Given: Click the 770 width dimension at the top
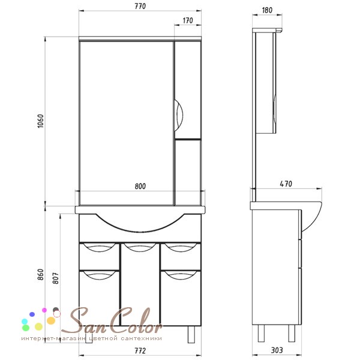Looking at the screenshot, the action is click(140, 6).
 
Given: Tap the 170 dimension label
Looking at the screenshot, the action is click(188, 20).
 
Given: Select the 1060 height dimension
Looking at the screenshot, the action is click(40, 121).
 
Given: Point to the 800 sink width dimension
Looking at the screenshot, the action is click(140, 186).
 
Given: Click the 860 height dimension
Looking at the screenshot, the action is click(40, 274).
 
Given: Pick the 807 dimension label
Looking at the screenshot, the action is click(56, 278).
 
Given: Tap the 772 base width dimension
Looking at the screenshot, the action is click(140, 351).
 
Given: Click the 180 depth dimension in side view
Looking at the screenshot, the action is click(267, 10).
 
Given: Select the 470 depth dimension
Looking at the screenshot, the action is click(286, 184).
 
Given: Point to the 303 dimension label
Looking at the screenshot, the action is click(277, 350).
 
